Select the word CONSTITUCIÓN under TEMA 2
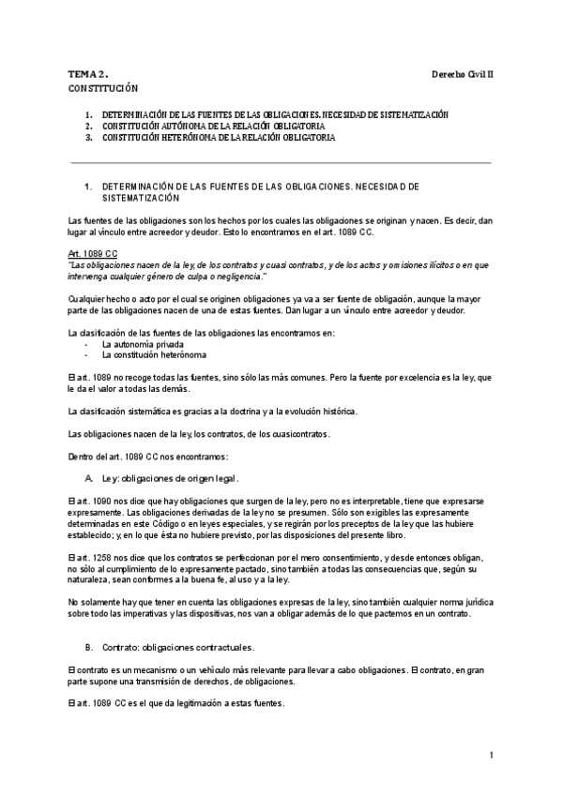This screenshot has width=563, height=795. click(103, 87)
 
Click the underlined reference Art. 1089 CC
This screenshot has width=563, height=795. click(93, 254)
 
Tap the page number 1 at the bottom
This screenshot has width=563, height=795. click(491, 755)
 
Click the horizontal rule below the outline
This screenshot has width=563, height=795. click(281, 162)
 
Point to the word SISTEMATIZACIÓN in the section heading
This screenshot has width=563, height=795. click(141, 199)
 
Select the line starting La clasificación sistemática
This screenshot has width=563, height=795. click(212, 412)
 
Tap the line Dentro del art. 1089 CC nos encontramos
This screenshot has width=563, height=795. click(147, 457)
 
